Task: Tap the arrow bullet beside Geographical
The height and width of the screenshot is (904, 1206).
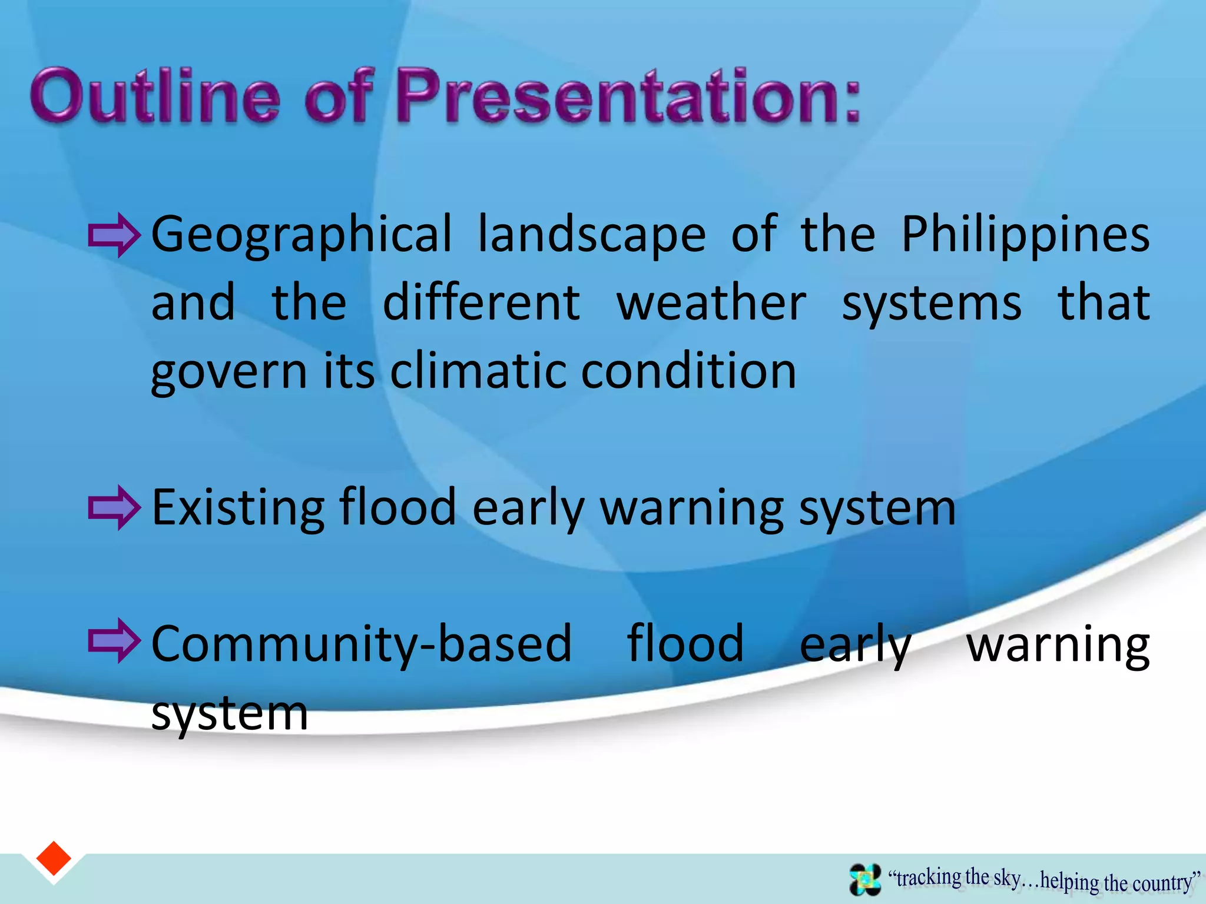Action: pos(114,235)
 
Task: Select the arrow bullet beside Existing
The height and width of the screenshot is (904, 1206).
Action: pos(114,508)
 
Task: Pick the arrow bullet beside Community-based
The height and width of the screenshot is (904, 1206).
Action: pos(114,641)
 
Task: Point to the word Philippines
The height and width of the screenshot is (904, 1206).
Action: pos(1025,235)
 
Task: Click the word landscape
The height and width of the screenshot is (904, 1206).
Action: pos(591,235)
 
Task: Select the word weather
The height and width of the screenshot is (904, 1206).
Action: pos(711,303)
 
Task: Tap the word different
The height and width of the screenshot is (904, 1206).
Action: pos(481,303)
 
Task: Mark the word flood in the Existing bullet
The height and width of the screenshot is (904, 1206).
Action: pos(398,508)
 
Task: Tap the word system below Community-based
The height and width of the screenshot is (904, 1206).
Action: pos(230,713)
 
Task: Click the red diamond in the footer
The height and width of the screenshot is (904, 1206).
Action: pos(54,859)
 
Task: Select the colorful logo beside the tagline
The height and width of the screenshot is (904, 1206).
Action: pos(865,879)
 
